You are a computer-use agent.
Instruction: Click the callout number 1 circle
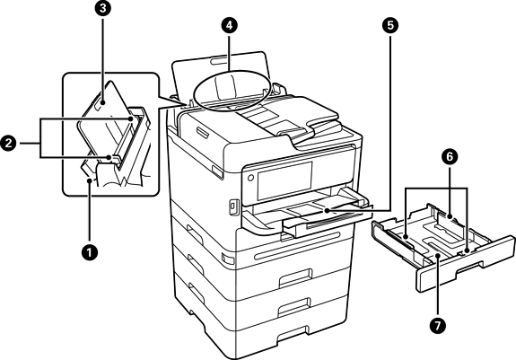tap(89, 253)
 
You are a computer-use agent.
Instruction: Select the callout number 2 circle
tap(8, 144)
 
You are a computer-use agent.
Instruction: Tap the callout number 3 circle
tap(103, 8)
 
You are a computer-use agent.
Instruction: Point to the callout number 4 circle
tap(229, 25)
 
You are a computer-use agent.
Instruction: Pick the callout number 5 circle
tap(390, 25)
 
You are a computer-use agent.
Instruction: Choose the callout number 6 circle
tap(450, 157)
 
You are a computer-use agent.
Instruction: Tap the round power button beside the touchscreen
tap(249, 178)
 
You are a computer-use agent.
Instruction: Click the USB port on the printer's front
tap(232, 206)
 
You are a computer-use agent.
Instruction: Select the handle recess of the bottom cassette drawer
tap(293, 337)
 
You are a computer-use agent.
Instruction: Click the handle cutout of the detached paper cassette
tap(469, 266)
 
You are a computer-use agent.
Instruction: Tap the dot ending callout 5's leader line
tap(327, 210)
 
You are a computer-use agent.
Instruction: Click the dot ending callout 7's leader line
tap(438, 256)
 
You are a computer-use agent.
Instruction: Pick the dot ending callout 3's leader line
tap(103, 102)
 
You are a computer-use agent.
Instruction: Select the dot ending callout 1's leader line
tap(89, 180)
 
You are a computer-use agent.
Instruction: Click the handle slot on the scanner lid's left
tap(201, 132)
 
